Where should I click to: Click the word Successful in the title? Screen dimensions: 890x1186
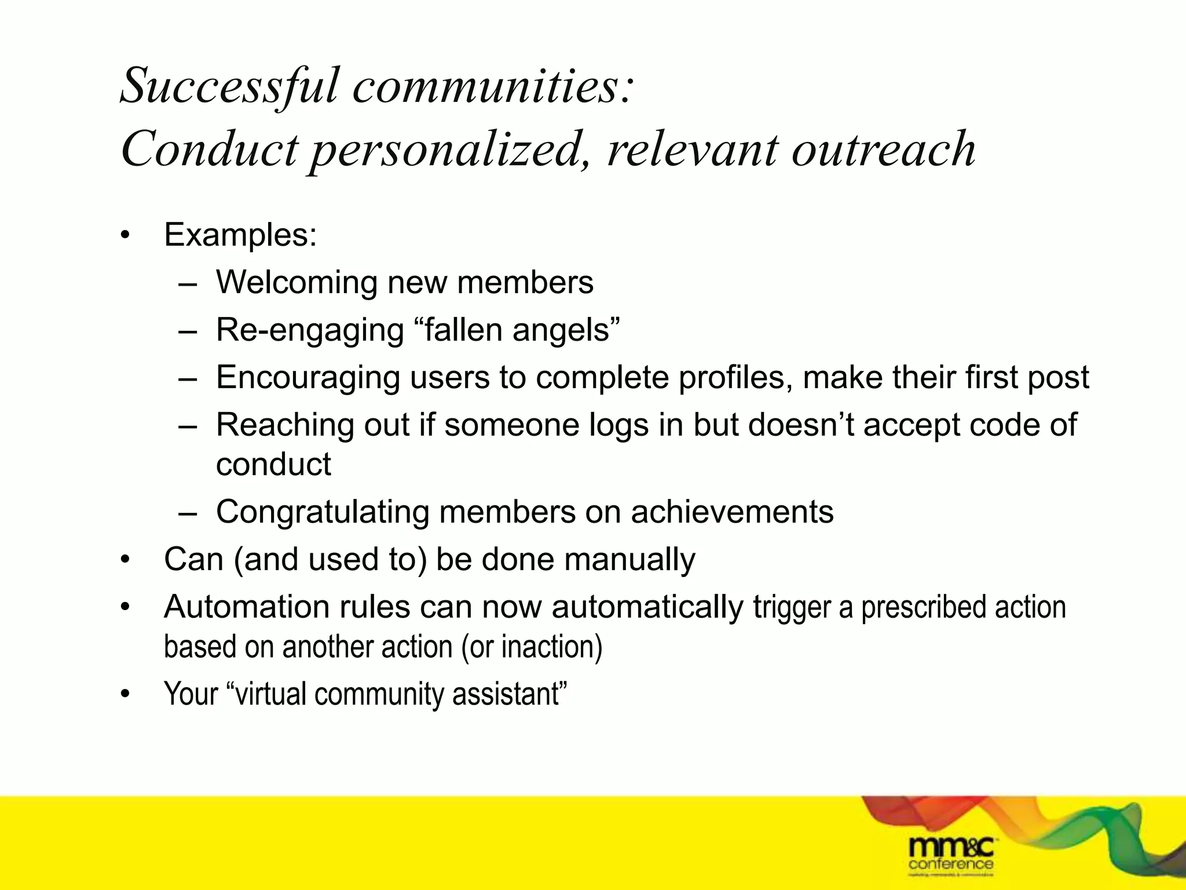click(x=229, y=86)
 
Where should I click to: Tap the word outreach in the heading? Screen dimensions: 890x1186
click(x=883, y=149)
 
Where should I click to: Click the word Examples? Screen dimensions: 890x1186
click(x=240, y=235)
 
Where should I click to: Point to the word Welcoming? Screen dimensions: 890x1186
click(x=296, y=283)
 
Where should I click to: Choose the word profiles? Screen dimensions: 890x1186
click(x=735, y=378)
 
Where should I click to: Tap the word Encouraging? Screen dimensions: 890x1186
click(x=308, y=378)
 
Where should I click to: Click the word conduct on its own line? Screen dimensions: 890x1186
click(x=273, y=464)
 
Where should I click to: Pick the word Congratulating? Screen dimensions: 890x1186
click(x=322, y=512)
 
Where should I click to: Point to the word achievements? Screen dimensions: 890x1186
click(x=732, y=512)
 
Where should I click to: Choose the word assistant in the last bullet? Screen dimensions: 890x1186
click(x=507, y=694)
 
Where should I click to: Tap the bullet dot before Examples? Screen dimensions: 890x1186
click(x=125, y=236)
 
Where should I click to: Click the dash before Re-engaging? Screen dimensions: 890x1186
click(x=188, y=331)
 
